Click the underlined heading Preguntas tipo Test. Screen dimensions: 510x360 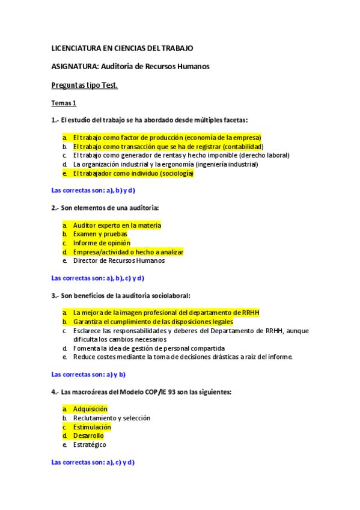pos(85,85)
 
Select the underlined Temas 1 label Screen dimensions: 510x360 pos(64,103)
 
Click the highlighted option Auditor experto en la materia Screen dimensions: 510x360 pos(117,226)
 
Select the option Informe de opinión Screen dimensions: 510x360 pos(102,243)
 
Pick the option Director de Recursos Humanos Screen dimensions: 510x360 pos(119,260)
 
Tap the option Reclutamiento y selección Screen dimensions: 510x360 pos(112,418)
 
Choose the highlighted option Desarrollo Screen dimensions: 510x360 pos(88,435)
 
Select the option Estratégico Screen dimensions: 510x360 pos(90,444)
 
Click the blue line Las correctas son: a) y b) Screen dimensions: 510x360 pos(88,374)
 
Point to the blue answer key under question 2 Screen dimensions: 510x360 pos(98,278)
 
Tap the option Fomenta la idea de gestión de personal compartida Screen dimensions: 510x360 pos(149,348)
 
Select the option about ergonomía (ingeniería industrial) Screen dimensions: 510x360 pos(165,164)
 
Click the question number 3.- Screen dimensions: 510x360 pos(55,295)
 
